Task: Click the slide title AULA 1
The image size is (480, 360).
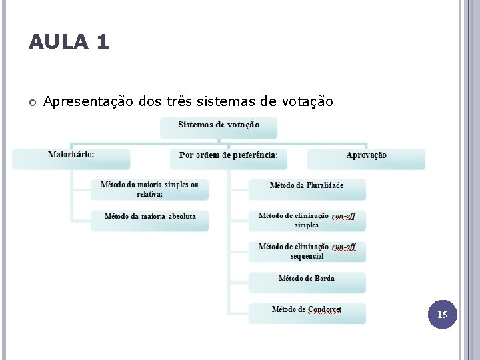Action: click(69, 43)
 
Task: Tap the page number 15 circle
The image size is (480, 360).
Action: click(442, 314)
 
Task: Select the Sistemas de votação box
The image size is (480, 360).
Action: click(219, 127)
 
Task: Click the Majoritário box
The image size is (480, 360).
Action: click(71, 157)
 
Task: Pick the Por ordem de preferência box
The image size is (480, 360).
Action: click(229, 157)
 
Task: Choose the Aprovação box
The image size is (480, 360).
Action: click(366, 157)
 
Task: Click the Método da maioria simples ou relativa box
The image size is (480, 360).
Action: click(149, 189)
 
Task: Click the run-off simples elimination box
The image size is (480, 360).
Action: click(307, 220)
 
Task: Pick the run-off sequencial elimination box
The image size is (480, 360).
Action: click(307, 251)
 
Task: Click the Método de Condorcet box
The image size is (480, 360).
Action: click(307, 312)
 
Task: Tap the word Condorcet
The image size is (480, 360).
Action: click(325, 309)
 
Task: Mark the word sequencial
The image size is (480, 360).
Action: click(307, 256)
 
